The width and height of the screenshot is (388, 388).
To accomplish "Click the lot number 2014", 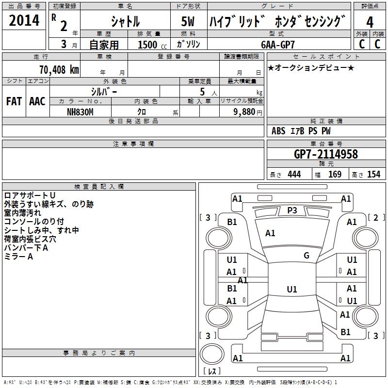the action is [x=24, y=21].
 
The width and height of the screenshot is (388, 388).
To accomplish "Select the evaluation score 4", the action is [x=370, y=22].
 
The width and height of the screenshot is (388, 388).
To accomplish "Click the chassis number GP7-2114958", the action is [x=326, y=154].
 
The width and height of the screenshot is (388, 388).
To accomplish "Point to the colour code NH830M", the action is [x=80, y=111].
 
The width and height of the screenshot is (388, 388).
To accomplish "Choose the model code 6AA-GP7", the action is [x=278, y=44].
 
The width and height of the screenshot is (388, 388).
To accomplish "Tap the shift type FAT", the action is [x=14, y=101].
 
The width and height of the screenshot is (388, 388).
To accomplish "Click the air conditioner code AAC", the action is [x=37, y=101].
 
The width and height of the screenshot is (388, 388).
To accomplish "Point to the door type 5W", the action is [x=189, y=22].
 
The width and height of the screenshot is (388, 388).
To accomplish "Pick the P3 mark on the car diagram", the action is [x=292, y=210].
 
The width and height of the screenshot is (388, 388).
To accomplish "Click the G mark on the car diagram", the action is [x=307, y=256].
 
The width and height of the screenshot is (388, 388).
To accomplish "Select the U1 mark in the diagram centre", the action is [x=291, y=290].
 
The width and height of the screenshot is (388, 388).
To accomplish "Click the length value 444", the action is [x=294, y=174].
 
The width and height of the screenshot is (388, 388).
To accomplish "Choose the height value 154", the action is [x=373, y=174].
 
